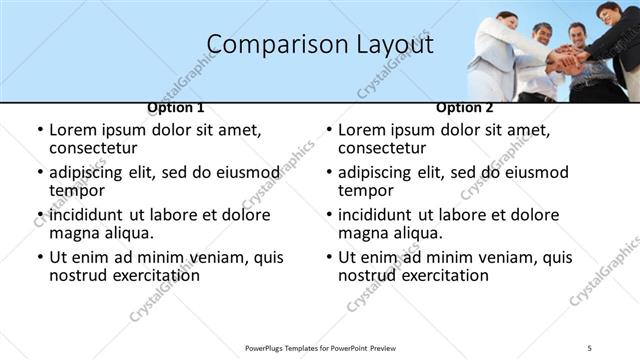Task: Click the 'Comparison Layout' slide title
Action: [x=320, y=45]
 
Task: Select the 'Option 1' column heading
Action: [x=176, y=107]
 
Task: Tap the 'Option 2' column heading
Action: [x=465, y=107]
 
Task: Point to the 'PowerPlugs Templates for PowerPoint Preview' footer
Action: [x=320, y=347]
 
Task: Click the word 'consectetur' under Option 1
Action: [x=95, y=148]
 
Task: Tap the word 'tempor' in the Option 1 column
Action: [x=77, y=191]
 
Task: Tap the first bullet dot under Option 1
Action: [x=39, y=130]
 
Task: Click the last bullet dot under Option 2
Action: [x=328, y=257]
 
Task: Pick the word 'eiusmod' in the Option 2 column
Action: [x=536, y=172]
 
